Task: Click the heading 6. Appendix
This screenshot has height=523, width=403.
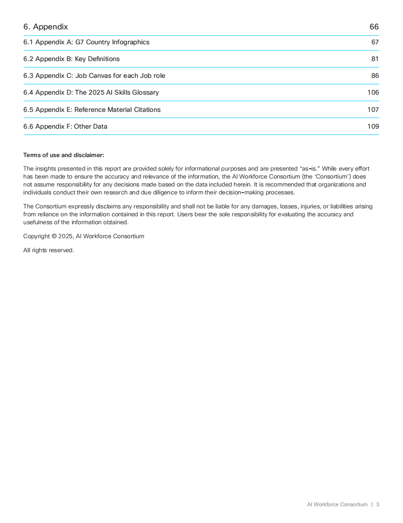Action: point(46,27)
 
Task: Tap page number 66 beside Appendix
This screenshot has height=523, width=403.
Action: point(374,27)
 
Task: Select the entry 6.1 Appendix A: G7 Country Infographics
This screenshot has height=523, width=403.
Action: point(86,42)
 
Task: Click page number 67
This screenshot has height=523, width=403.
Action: point(375,42)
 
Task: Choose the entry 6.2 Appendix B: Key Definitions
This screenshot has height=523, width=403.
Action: point(71,59)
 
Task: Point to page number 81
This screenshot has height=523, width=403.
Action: point(375,59)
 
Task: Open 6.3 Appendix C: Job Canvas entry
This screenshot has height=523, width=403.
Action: point(94,76)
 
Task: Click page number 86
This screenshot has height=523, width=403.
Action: point(375,76)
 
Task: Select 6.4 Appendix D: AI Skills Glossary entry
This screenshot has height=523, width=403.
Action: point(91,93)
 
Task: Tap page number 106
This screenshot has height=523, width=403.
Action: point(373,93)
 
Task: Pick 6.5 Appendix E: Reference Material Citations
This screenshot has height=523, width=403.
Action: point(92,110)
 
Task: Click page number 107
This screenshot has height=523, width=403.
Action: point(373,110)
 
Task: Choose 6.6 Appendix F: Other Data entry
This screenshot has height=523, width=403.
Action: point(65,127)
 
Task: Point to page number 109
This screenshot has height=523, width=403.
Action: point(373,127)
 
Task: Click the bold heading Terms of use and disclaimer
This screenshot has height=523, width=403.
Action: point(64,155)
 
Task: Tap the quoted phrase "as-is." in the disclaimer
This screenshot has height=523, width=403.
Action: point(310,169)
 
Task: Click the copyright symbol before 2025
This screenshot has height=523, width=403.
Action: point(54,236)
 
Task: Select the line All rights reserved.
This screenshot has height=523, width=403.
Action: point(48,250)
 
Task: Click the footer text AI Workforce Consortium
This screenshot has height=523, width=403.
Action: point(337,504)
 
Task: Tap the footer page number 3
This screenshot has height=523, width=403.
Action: point(377,504)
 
